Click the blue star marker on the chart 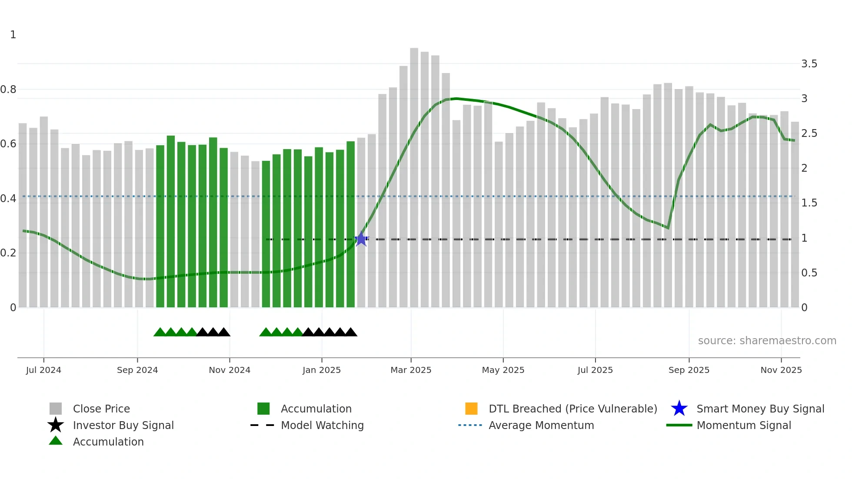pyautogui.click(x=361, y=239)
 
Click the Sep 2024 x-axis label pyautogui.click(x=137, y=370)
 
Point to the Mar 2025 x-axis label pyautogui.click(x=411, y=370)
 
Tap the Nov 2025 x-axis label pyautogui.click(x=781, y=370)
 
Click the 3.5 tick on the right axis pyautogui.click(x=809, y=64)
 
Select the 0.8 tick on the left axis pyautogui.click(x=8, y=90)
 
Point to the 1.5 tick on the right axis pyautogui.click(x=809, y=203)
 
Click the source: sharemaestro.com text pyautogui.click(x=767, y=341)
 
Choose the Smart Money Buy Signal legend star pyautogui.click(x=679, y=409)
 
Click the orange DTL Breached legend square pyautogui.click(x=471, y=409)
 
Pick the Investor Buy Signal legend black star pyautogui.click(x=56, y=425)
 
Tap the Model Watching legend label pyautogui.click(x=322, y=425)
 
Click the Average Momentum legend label pyautogui.click(x=541, y=425)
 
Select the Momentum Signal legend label pyautogui.click(x=743, y=425)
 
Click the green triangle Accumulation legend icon pyautogui.click(x=56, y=441)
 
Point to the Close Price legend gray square pyautogui.click(x=56, y=409)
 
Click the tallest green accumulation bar pyautogui.click(x=171, y=222)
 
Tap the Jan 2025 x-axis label pyautogui.click(x=322, y=370)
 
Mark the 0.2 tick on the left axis pyautogui.click(x=8, y=253)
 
